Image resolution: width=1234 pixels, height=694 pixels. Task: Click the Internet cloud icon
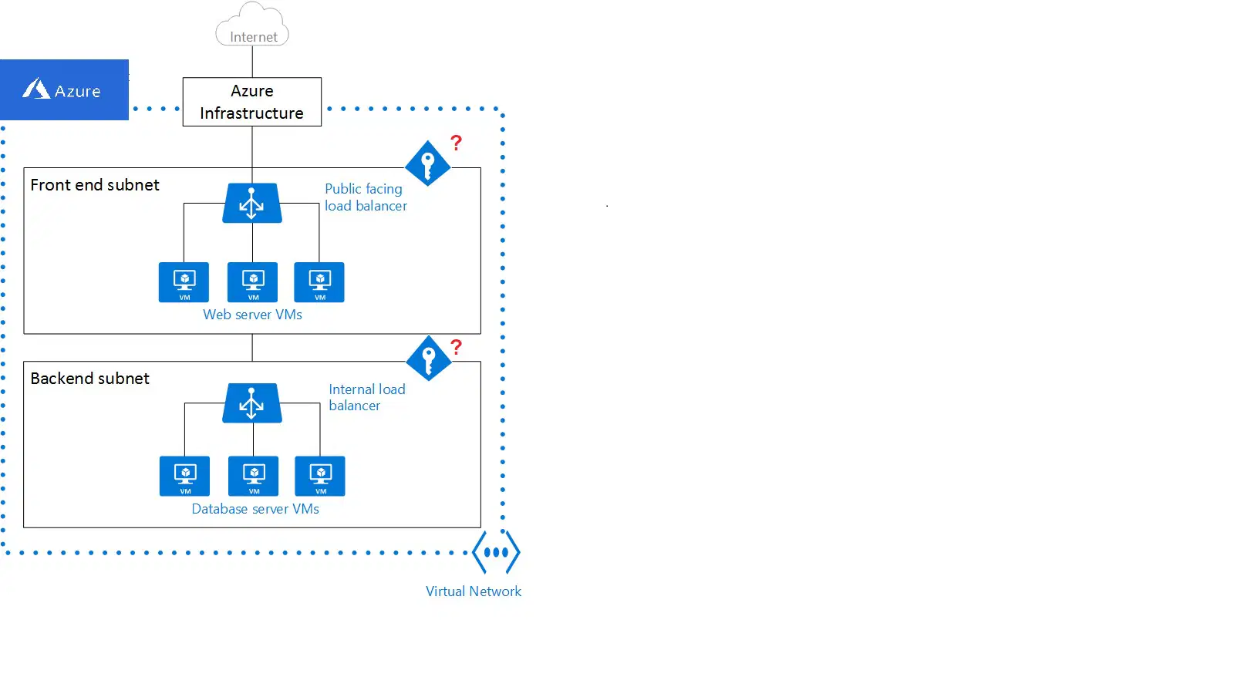pos(251,24)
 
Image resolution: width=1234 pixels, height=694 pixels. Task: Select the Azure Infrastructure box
pos(251,102)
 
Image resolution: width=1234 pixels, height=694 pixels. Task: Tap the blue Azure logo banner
pos(64,89)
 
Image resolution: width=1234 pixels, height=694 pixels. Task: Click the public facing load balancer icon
pos(251,203)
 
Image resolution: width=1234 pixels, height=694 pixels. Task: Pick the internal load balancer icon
pos(251,403)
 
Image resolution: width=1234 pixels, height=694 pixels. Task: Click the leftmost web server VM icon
pos(184,282)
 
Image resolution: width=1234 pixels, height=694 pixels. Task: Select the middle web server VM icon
pos(252,282)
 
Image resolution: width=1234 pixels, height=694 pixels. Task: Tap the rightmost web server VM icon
pos(319,282)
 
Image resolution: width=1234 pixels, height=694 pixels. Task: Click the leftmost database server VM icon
pos(184,476)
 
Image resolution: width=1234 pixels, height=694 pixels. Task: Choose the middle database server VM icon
pos(254,476)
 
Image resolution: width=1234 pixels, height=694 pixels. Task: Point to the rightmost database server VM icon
pos(320,476)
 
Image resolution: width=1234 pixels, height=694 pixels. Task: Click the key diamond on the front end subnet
pos(427,163)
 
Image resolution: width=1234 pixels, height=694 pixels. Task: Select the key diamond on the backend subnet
pos(429,358)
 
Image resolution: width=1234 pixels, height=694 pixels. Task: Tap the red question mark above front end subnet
pos(456,143)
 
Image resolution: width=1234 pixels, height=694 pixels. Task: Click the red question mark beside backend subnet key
pos(456,347)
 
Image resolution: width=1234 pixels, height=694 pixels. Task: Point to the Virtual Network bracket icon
pos(496,552)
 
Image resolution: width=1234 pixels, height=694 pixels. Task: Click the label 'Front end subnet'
pos(95,185)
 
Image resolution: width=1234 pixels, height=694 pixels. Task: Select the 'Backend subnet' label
pos(89,379)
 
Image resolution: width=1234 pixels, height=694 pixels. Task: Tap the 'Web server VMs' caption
pos(252,315)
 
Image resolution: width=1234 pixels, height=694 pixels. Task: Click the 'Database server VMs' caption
pos(255,508)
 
